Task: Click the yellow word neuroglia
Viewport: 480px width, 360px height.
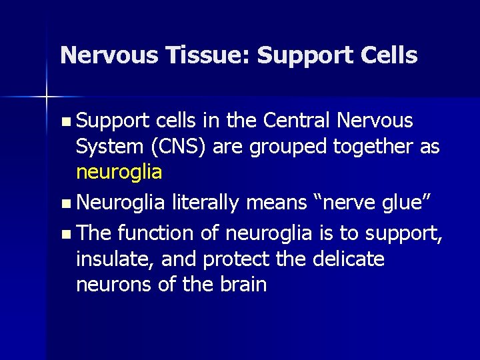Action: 119,172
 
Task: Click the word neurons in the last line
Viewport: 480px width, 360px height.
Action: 110,285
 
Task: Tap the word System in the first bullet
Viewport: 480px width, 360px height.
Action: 107,147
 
